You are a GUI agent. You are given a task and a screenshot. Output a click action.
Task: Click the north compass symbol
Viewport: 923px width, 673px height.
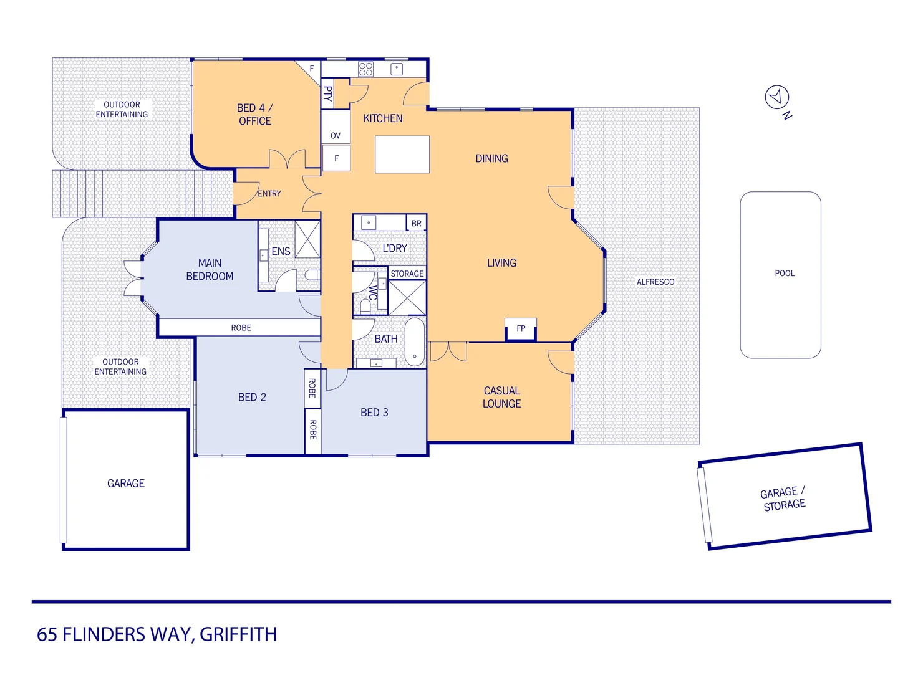tap(777, 97)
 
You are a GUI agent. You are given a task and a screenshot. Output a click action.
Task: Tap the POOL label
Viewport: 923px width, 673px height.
tap(785, 273)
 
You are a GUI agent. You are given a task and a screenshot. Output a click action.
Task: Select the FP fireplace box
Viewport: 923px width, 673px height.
tap(521, 328)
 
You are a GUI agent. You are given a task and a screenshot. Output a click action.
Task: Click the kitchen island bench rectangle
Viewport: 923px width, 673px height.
tap(402, 155)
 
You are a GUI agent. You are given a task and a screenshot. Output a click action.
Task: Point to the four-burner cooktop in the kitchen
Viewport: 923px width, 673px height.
tap(365, 69)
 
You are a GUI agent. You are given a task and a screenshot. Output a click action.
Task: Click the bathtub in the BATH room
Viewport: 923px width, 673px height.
tap(415, 341)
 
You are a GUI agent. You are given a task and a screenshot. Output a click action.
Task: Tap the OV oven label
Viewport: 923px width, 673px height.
tap(336, 135)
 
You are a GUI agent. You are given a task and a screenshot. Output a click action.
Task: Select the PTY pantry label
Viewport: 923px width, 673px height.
tap(327, 94)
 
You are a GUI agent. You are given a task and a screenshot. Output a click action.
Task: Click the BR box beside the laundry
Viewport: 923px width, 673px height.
tap(416, 223)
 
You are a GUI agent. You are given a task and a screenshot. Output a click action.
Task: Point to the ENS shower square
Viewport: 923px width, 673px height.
tap(307, 239)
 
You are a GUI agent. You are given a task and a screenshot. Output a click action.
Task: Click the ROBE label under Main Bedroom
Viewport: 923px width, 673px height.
tap(241, 328)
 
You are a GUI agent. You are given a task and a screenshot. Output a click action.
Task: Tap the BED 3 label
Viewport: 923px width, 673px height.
tap(374, 413)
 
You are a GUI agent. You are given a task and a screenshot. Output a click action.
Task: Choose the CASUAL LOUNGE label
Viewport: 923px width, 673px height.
tap(501, 397)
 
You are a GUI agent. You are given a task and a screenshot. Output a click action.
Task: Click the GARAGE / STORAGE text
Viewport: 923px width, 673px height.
tap(784, 499)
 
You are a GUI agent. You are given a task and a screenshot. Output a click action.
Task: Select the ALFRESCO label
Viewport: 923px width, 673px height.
tap(655, 282)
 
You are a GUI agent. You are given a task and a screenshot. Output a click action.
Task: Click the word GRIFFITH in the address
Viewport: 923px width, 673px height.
tap(238, 634)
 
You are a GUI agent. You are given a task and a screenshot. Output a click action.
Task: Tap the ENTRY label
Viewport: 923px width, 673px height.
tap(269, 194)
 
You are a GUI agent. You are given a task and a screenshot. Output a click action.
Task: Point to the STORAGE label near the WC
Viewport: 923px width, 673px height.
tap(407, 274)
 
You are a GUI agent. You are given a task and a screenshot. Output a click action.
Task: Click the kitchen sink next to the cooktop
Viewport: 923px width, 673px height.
tap(397, 69)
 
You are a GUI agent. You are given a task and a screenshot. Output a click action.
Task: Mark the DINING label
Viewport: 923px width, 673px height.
tap(491, 158)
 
